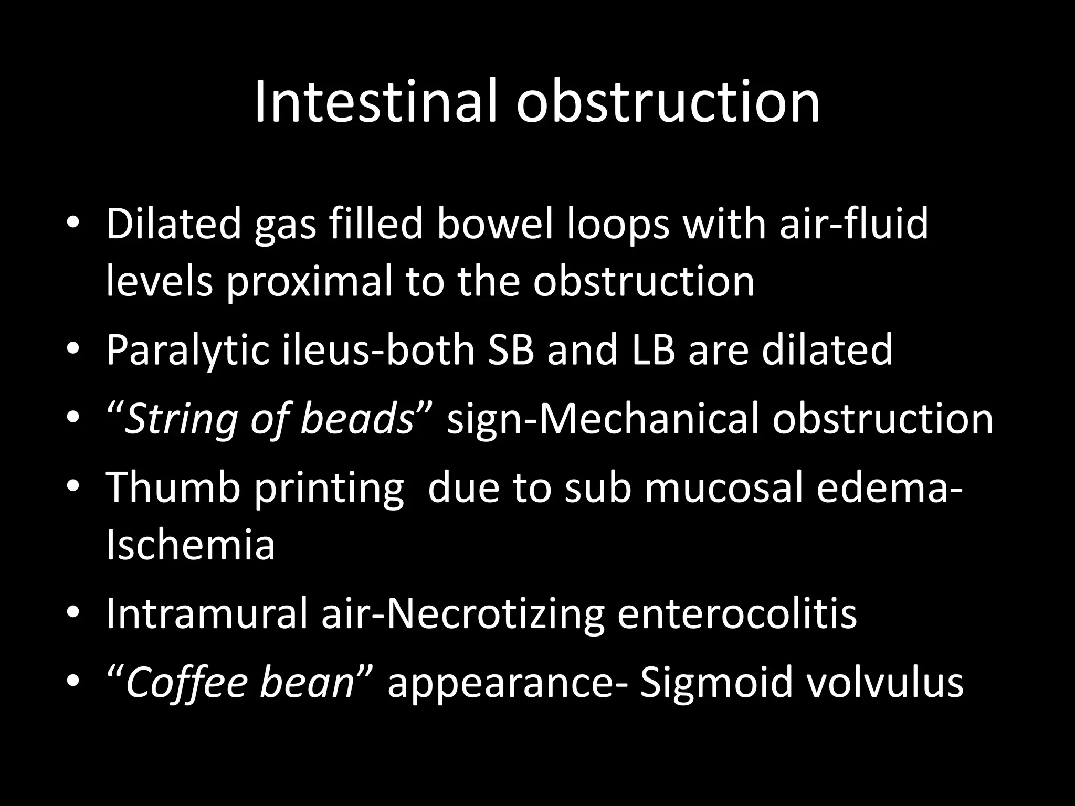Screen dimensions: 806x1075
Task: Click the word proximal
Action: [310, 282]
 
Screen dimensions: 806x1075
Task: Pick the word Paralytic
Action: [187, 351]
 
